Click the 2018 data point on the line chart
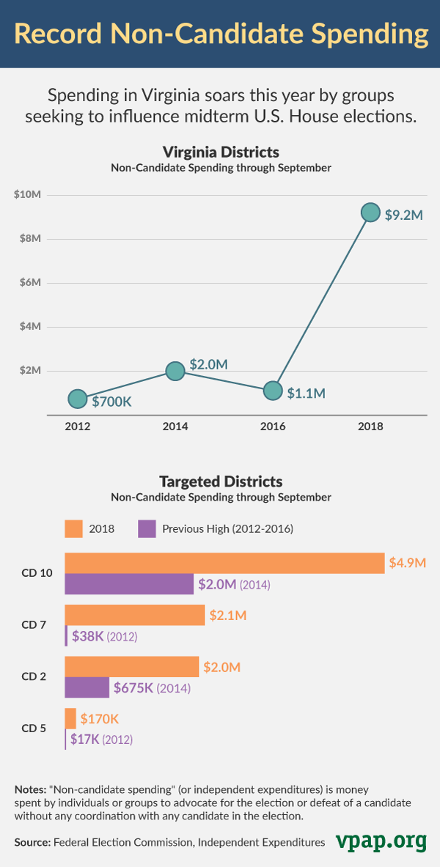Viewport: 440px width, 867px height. [x=371, y=213]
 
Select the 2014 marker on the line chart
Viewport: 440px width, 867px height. [x=175, y=371]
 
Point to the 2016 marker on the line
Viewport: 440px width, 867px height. [x=273, y=391]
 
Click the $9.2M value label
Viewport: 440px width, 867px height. [x=403, y=215]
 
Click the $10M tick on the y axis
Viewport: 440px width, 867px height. [x=29, y=194]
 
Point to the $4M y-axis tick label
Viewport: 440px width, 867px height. [x=29, y=327]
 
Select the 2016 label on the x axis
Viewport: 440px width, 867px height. [x=273, y=426]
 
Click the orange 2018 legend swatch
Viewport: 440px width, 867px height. [x=74, y=528]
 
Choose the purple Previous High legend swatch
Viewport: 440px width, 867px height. [x=147, y=528]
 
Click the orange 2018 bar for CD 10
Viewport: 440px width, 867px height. [x=224, y=563]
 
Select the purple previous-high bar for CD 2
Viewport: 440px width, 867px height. [x=87, y=687]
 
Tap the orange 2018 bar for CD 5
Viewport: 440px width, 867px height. [x=70, y=718]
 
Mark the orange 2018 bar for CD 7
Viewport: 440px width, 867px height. [x=134, y=615]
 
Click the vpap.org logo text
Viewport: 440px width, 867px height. [x=381, y=841]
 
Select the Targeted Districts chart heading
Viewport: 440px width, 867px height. [x=221, y=482]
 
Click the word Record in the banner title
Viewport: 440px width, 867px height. [x=65, y=34]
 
